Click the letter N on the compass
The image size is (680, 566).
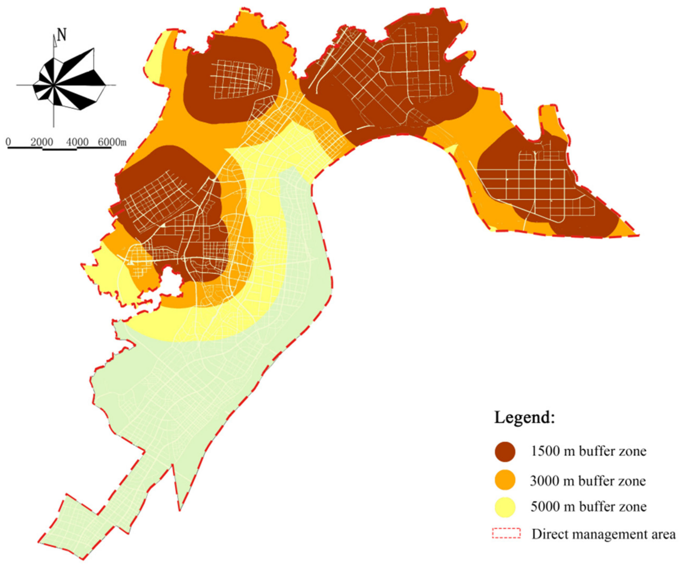(x=62, y=35)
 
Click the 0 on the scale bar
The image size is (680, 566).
(x=8, y=142)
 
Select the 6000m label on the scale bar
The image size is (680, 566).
(x=112, y=142)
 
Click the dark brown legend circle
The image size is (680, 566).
(x=505, y=452)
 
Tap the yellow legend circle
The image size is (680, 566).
(x=505, y=507)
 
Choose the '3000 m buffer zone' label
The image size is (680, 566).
(x=588, y=481)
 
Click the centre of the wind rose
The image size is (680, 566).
(x=54, y=85)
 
